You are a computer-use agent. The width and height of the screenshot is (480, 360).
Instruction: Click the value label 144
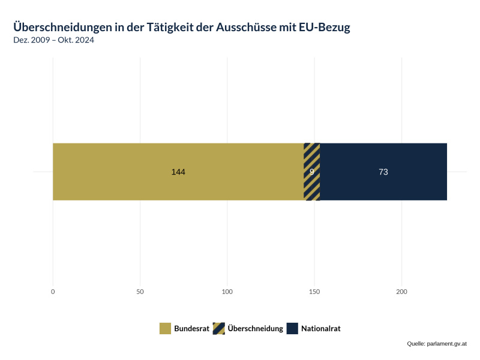[x=178, y=172]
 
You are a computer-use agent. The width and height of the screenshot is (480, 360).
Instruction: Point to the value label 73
[x=383, y=172]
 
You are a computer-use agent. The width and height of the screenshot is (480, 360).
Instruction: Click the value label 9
[x=312, y=172]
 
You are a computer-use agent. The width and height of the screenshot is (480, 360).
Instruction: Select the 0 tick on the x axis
[x=53, y=292]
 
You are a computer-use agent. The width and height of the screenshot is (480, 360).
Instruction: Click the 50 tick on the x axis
[x=140, y=292]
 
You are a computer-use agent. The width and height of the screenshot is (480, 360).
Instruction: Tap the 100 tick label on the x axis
[x=227, y=292]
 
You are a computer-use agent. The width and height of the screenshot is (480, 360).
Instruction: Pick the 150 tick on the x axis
[x=314, y=292]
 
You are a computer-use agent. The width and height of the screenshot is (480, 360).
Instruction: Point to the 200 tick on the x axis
[x=401, y=292]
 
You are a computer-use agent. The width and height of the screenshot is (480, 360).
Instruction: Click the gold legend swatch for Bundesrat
[x=165, y=328]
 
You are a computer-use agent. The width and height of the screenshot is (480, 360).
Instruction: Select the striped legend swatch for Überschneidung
[x=218, y=328]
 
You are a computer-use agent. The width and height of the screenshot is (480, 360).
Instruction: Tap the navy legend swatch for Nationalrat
[x=292, y=328]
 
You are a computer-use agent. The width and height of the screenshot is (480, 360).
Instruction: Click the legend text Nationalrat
[x=320, y=329]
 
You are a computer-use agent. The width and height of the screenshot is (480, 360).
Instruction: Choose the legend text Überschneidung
[x=255, y=329]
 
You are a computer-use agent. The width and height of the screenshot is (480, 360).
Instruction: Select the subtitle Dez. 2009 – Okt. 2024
[x=53, y=40]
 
